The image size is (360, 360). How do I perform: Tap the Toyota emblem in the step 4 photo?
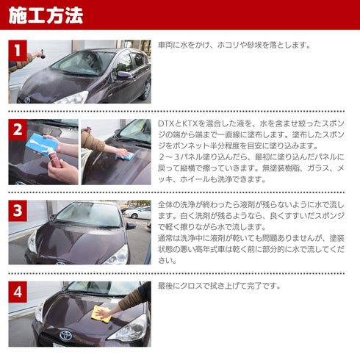(67, 335)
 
